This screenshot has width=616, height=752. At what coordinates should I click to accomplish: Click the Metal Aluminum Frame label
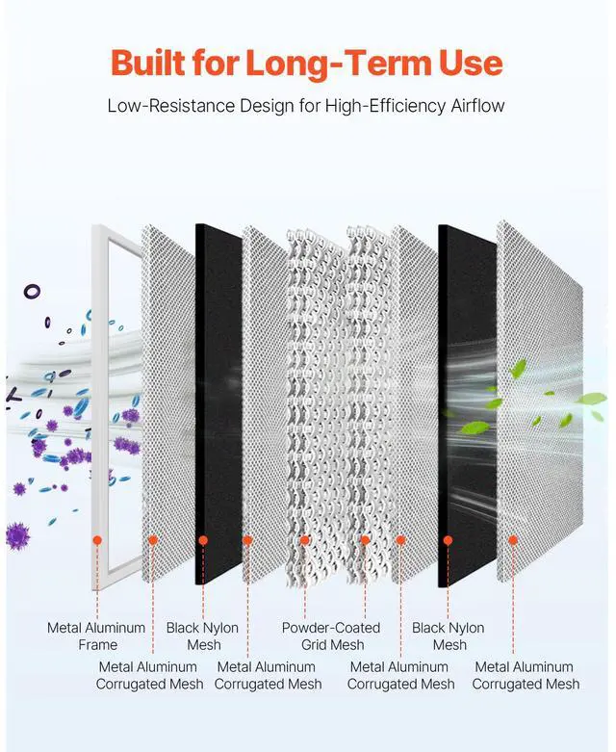coord(96,635)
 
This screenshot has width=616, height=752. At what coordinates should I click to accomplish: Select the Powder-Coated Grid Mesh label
coord(331,635)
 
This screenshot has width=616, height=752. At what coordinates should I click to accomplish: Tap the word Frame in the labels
coord(97,644)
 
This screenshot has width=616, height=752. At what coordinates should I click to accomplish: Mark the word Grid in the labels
coord(317,644)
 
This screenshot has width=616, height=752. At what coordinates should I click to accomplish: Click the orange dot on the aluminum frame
coord(97,540)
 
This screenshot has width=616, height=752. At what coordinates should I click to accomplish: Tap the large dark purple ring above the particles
coord(32,290)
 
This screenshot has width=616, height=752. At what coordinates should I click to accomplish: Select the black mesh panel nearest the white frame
coord(218,404)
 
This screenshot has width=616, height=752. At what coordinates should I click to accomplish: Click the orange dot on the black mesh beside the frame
coord(203,540)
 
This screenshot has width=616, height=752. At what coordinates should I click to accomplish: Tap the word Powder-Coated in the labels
coord(331,628)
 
